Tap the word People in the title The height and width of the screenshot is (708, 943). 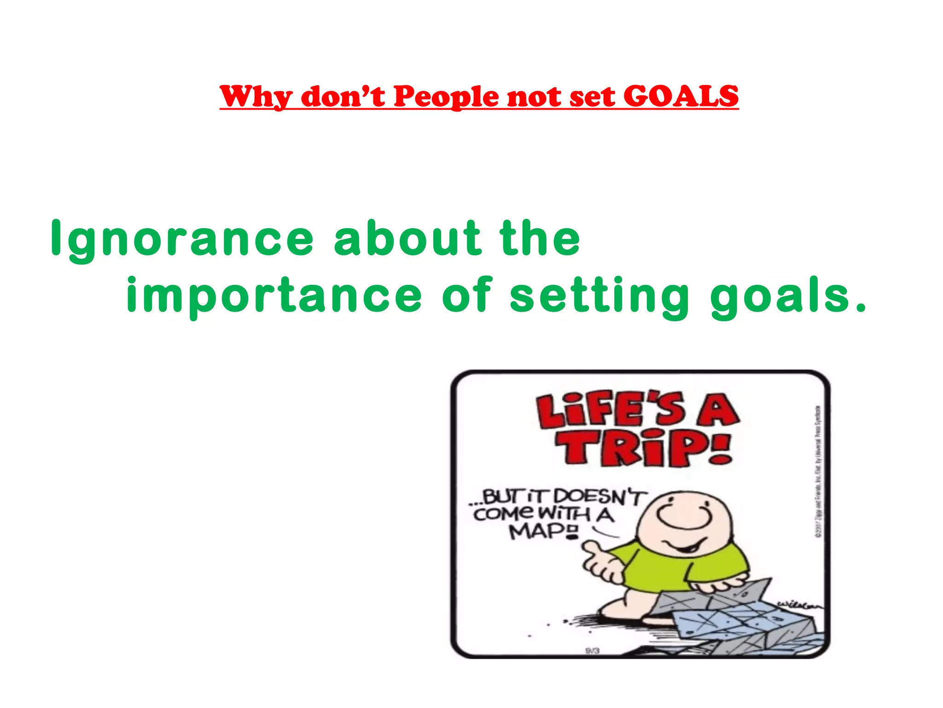click(446, 97)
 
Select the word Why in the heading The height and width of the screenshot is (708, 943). click(256, 97)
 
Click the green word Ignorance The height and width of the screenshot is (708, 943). click(182, 239)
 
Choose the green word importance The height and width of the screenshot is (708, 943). click(274, 295)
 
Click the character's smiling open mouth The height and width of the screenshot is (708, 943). click(686, 549)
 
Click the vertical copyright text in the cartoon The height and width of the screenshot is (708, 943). click(817, 470)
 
